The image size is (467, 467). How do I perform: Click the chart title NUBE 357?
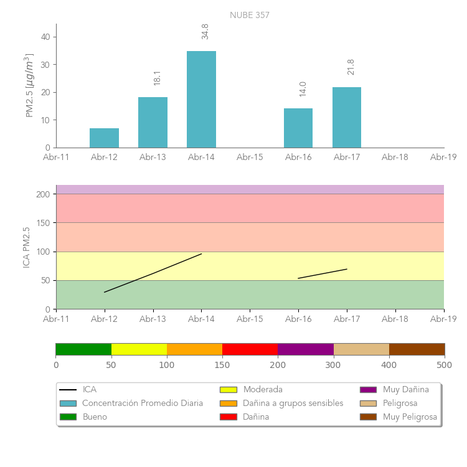(249, 16)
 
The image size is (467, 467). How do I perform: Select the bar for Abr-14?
(201, 100)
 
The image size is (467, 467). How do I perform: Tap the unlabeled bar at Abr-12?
(104, 138)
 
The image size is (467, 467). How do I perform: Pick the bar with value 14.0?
(298, 128)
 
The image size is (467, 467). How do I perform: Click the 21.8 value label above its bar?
(351, 67)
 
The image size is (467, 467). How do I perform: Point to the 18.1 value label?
(157, 78)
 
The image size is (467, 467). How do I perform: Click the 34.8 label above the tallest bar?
(205, 32)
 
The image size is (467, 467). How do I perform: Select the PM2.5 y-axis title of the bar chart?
(29, 85)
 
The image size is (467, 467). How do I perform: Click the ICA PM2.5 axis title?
(26, 247)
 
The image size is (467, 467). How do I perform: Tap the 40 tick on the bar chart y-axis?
(45, 37)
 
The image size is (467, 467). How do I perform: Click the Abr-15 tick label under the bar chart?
(250, 158)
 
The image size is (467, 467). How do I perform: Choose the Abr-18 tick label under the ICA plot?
(395, 319)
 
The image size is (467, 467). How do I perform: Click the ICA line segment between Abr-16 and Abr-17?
(323, 274)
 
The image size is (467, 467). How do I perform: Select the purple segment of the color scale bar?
(306, 349)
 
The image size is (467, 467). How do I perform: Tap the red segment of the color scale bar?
(250, 349)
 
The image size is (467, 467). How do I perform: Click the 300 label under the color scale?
(333, 365)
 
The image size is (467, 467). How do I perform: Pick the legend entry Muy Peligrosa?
(410, 417)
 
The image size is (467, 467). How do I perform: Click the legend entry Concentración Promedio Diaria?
(143, 403)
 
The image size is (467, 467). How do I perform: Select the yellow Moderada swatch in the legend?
(228, 390)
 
